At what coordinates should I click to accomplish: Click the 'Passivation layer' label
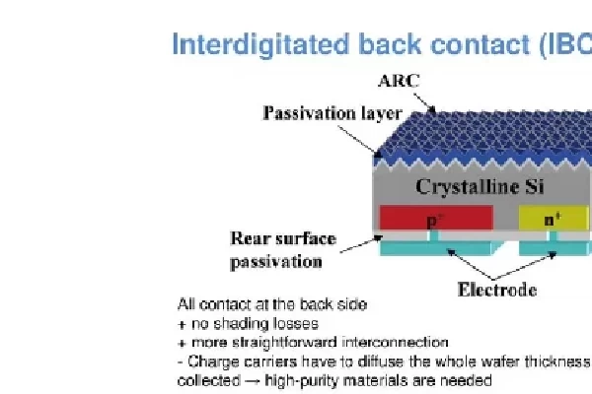tap(332, 113)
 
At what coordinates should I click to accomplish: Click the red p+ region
tap(435, 218)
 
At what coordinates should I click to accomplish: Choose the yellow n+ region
tap(552, 218)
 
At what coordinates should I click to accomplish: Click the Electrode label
tap(497, 290)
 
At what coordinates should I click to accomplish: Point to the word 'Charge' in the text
tap(207, 361)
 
